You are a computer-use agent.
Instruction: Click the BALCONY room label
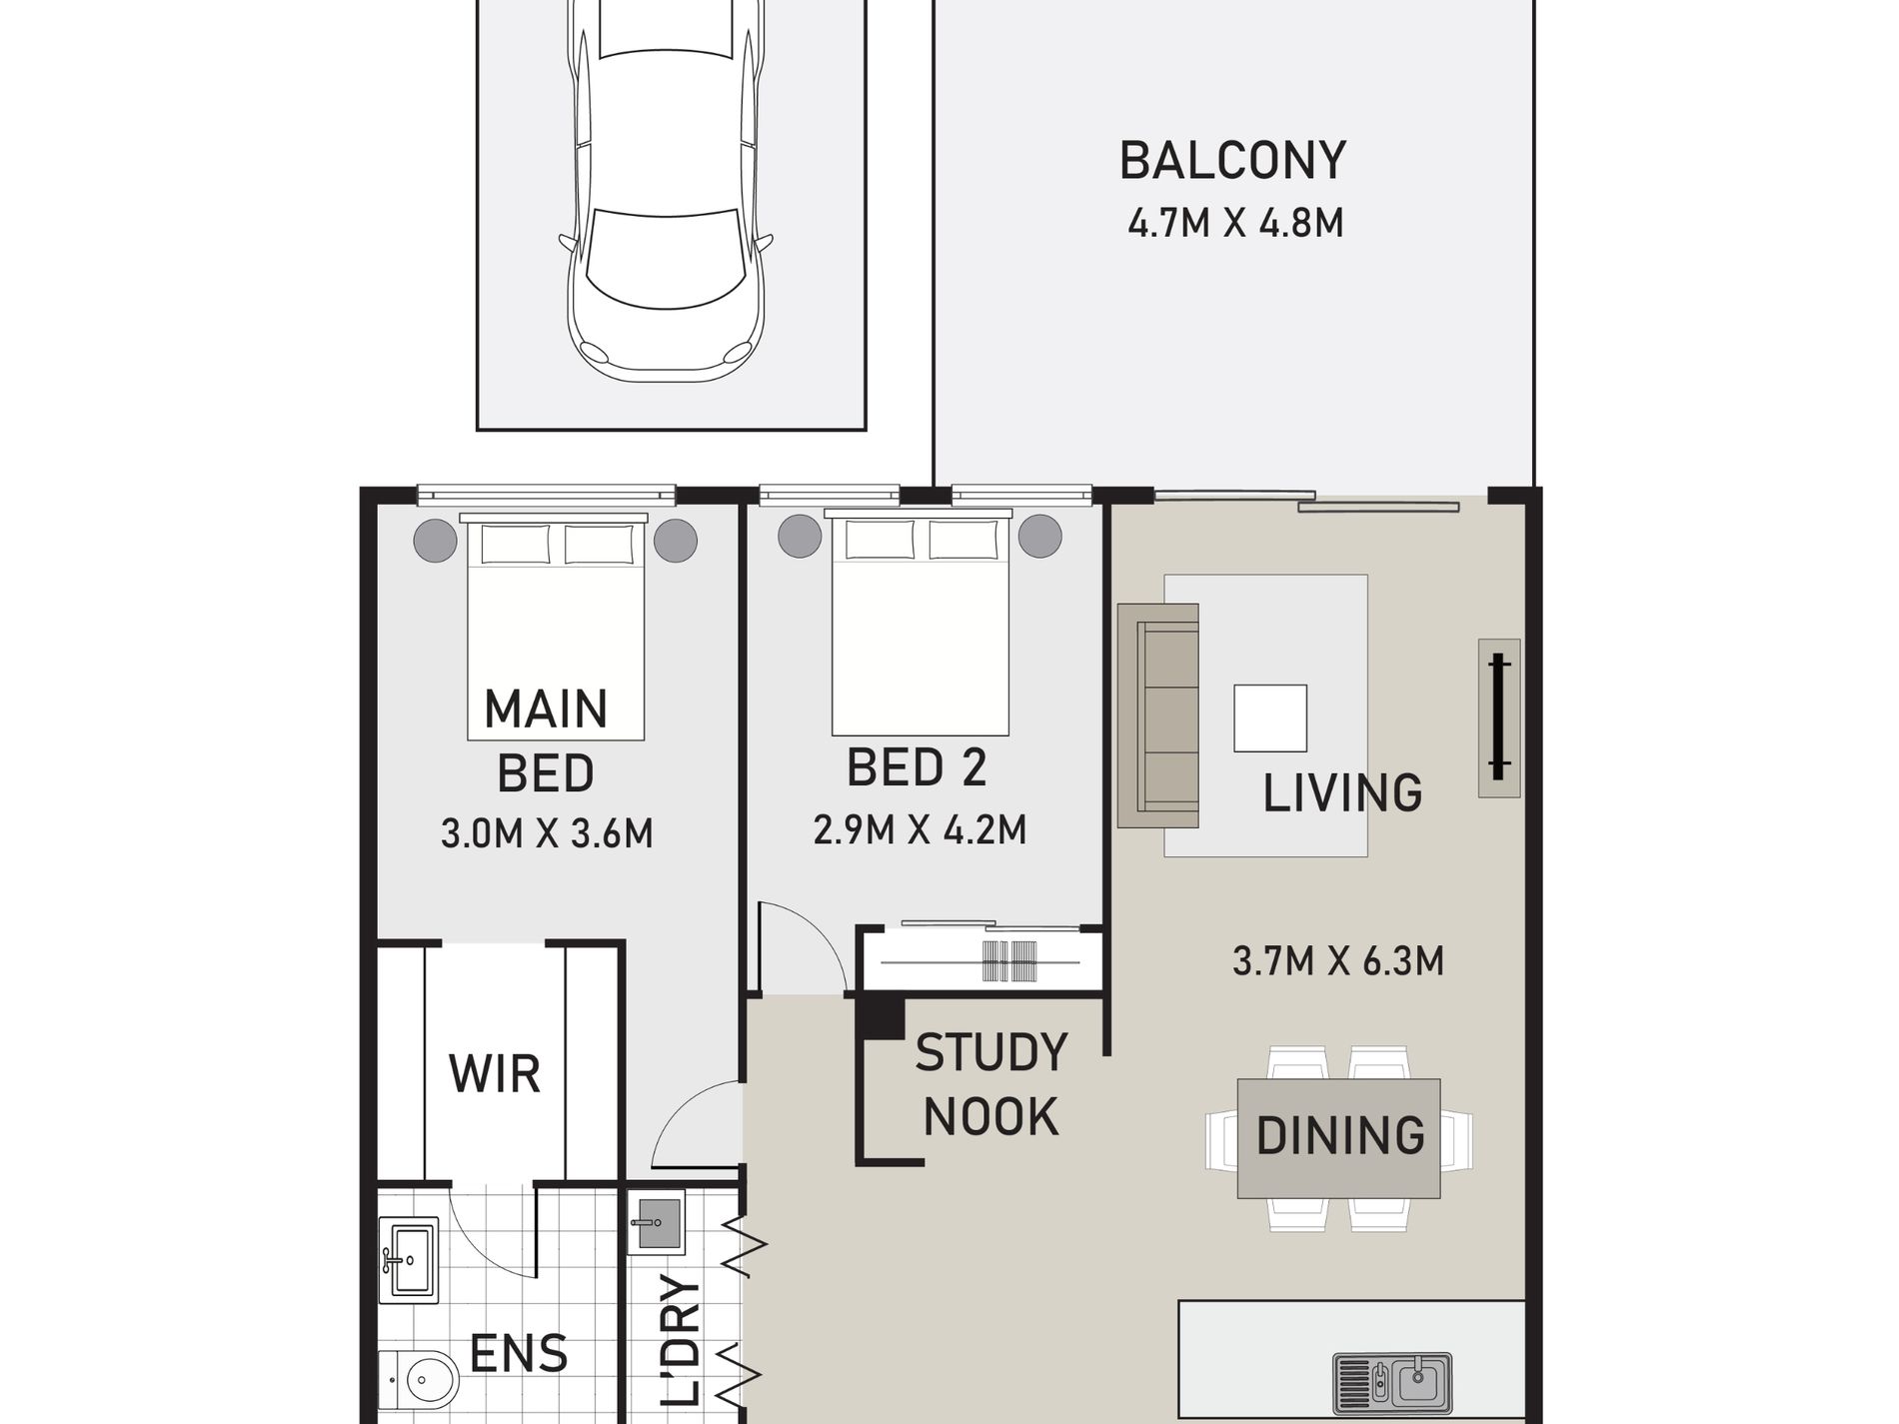tap(1232, 161)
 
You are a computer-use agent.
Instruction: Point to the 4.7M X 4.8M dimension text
tap(1235, 223)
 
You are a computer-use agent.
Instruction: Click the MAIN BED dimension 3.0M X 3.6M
tap(547, 832)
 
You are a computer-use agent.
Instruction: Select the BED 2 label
tap(917, 767)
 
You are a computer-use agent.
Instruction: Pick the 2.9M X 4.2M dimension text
tap(920, 829)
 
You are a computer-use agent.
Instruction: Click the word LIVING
tap(1342, 793)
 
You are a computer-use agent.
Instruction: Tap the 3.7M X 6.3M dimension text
tap(1338, 961)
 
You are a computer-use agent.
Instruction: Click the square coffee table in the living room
tap(1270, 717)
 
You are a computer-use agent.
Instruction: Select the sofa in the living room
tap(1157, 715)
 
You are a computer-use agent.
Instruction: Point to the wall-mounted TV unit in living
tap(1498, 717)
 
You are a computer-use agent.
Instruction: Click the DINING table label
tap(1340, 1136)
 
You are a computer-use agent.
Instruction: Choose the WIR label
tap(495, 1074)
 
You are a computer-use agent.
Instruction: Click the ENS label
tap(519, 1354)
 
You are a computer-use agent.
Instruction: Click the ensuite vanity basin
tap(409, 1259)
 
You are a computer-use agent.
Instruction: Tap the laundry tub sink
tap(656, 1226)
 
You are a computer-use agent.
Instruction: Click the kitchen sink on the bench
tap(1392, 1383)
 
